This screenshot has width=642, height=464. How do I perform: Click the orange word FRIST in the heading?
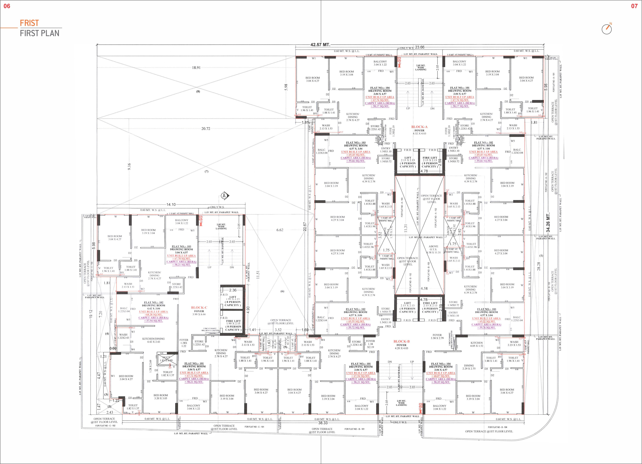click(x=29, y=23)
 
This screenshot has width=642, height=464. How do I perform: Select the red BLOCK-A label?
click(x=419, y=127)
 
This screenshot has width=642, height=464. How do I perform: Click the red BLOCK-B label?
click(x=401, y=341)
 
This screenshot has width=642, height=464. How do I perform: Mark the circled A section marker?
click(x=224, y=196)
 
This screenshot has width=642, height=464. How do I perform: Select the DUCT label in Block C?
click(x=166, y=358)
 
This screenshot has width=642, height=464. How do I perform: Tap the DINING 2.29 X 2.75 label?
click(x=469, y=367)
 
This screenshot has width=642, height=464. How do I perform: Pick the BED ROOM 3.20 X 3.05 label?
click(x=160, y=397)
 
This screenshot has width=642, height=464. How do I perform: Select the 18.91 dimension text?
click(x=196, y=68)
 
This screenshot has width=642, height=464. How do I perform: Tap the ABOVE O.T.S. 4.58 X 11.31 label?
click(x=433, y=249)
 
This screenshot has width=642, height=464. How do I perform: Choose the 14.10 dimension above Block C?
click(x=171, y=204)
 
